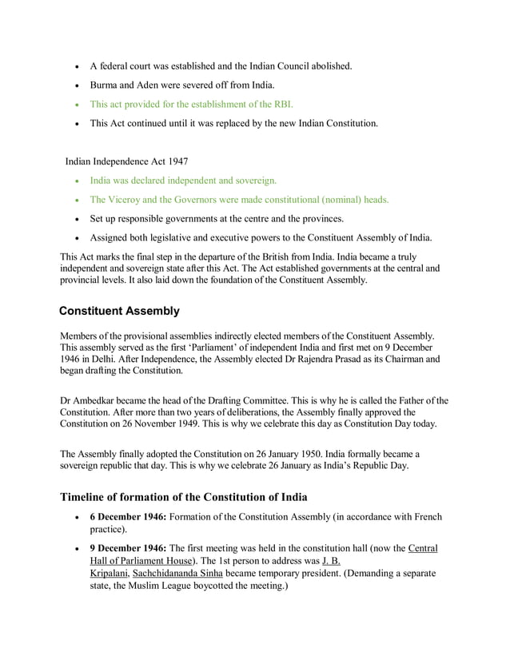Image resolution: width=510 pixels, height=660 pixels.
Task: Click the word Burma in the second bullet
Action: coord(105,85)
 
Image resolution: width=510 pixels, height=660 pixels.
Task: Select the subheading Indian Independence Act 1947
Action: coord(127,161)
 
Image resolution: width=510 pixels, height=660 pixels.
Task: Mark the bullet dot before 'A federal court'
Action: coord(77,66)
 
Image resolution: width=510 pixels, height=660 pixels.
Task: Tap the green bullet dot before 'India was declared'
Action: coord(77,181)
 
